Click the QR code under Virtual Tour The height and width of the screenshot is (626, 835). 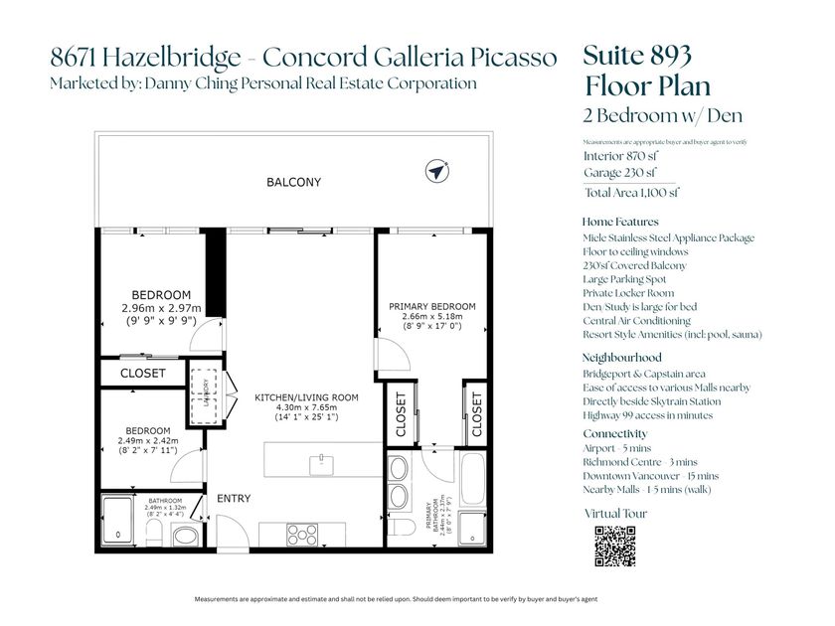coord(614,546)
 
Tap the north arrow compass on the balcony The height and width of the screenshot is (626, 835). coord(434,171)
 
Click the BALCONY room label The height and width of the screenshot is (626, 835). coord(293,183)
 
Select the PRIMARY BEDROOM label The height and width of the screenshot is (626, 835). coord(431,306)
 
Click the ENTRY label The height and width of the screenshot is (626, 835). coord(234,499)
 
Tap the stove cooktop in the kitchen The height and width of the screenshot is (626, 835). coord(302,534)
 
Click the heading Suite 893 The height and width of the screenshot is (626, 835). coord(636,56)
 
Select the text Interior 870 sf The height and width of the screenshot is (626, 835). coord(621,156)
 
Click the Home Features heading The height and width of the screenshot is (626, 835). coord(619,222)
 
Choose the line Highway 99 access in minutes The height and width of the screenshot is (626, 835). coord(647,415)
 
